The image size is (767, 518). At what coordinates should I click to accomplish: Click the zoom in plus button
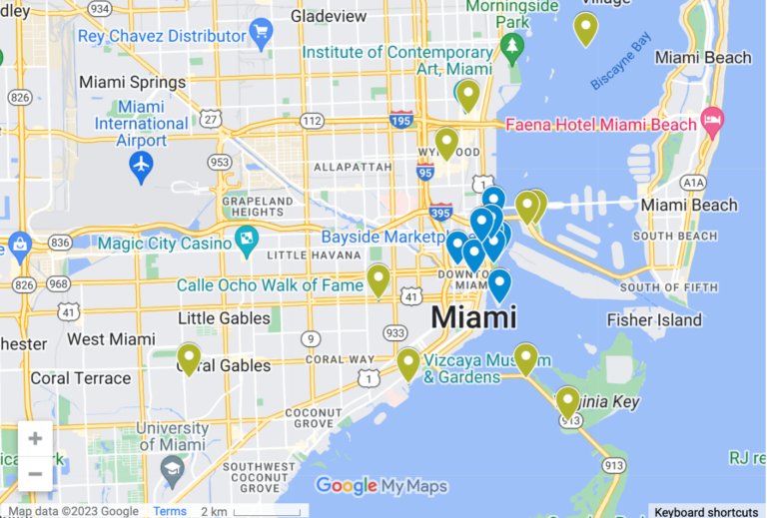(x=35, y=438)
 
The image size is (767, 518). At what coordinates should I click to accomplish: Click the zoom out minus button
(x=35, y=473)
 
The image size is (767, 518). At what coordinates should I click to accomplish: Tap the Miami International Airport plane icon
(x=142, y=163)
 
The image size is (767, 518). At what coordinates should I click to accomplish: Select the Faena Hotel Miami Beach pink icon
(x=712, y=123)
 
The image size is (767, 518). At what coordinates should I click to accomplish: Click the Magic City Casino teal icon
(x=246, y=241)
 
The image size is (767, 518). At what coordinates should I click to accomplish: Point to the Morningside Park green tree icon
(x=512, y=46)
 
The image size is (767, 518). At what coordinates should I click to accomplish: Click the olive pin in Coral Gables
(x=189, y=357)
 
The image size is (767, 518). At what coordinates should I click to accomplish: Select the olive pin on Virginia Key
(x=567, y=401)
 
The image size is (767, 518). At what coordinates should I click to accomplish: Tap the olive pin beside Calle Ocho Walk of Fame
(x=378, y=279)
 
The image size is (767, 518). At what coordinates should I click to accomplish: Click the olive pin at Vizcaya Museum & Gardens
(x=407, y=362)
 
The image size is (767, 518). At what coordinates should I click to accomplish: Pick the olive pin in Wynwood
(x=446, y=143)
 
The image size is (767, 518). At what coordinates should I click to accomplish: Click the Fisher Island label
(x=654, y=320)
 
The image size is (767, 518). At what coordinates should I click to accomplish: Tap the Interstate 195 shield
(x=401, y=119)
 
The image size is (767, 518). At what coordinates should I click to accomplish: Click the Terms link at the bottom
(x=170, y=511)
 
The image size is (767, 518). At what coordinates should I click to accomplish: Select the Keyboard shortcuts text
(x=706, y=511)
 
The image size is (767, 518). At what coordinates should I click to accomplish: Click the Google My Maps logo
(x=382, y=486)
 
